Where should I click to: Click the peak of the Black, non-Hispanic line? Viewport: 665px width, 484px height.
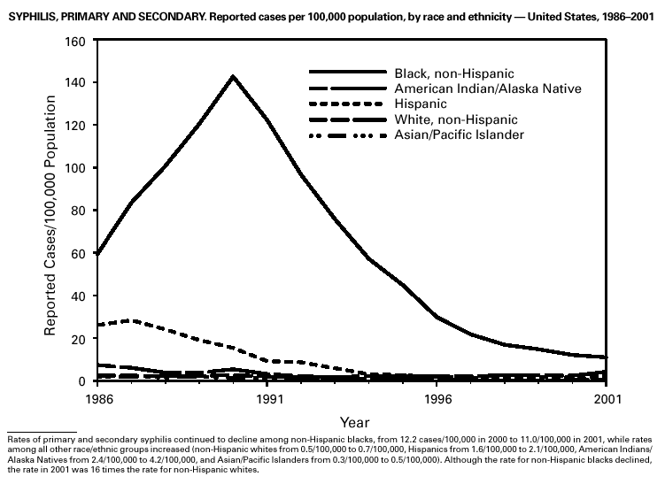click(x=233, y=76)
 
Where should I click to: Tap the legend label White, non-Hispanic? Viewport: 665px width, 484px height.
click(x=455, y=119)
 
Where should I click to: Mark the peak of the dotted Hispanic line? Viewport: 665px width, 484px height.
click(x=133, y=320)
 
